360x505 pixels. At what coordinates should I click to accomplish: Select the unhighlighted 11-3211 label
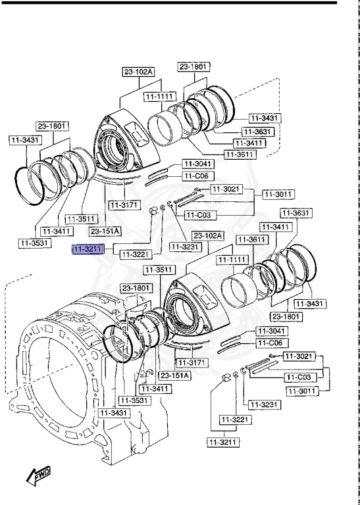[224, 443]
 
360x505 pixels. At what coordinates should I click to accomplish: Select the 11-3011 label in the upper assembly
[278, 195]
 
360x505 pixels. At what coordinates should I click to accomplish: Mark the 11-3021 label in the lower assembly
[299, 356]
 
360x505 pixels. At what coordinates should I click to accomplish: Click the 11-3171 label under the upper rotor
[124, 205]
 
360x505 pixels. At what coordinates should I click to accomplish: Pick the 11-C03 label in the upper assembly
[199, 215]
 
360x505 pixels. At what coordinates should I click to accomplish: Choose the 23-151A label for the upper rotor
[105, 231]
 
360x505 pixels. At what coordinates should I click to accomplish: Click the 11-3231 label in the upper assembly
[184, 247]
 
